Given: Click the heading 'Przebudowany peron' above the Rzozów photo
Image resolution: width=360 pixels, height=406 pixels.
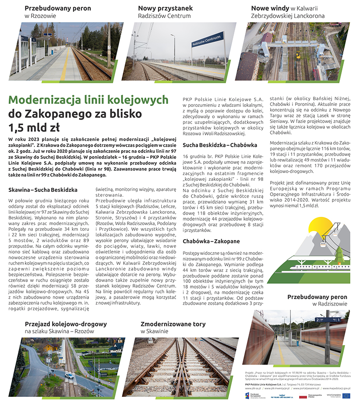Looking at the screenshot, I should [x=58, y=8].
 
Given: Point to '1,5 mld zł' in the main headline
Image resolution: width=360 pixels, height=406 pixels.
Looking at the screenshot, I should [x=34, y=127].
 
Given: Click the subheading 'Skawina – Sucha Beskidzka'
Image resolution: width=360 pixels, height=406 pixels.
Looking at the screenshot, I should [x=43, y=190].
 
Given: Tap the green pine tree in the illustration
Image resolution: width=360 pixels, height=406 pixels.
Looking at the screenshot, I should [x=340, y=253].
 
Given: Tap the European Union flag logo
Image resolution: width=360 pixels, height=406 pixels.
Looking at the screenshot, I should [x=346, y=395].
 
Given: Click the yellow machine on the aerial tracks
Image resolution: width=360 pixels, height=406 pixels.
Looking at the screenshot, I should [x=298, y=55].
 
